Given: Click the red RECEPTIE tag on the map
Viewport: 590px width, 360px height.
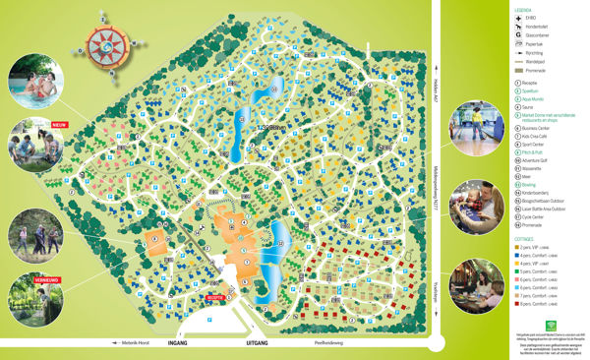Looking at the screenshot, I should (214, 295).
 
